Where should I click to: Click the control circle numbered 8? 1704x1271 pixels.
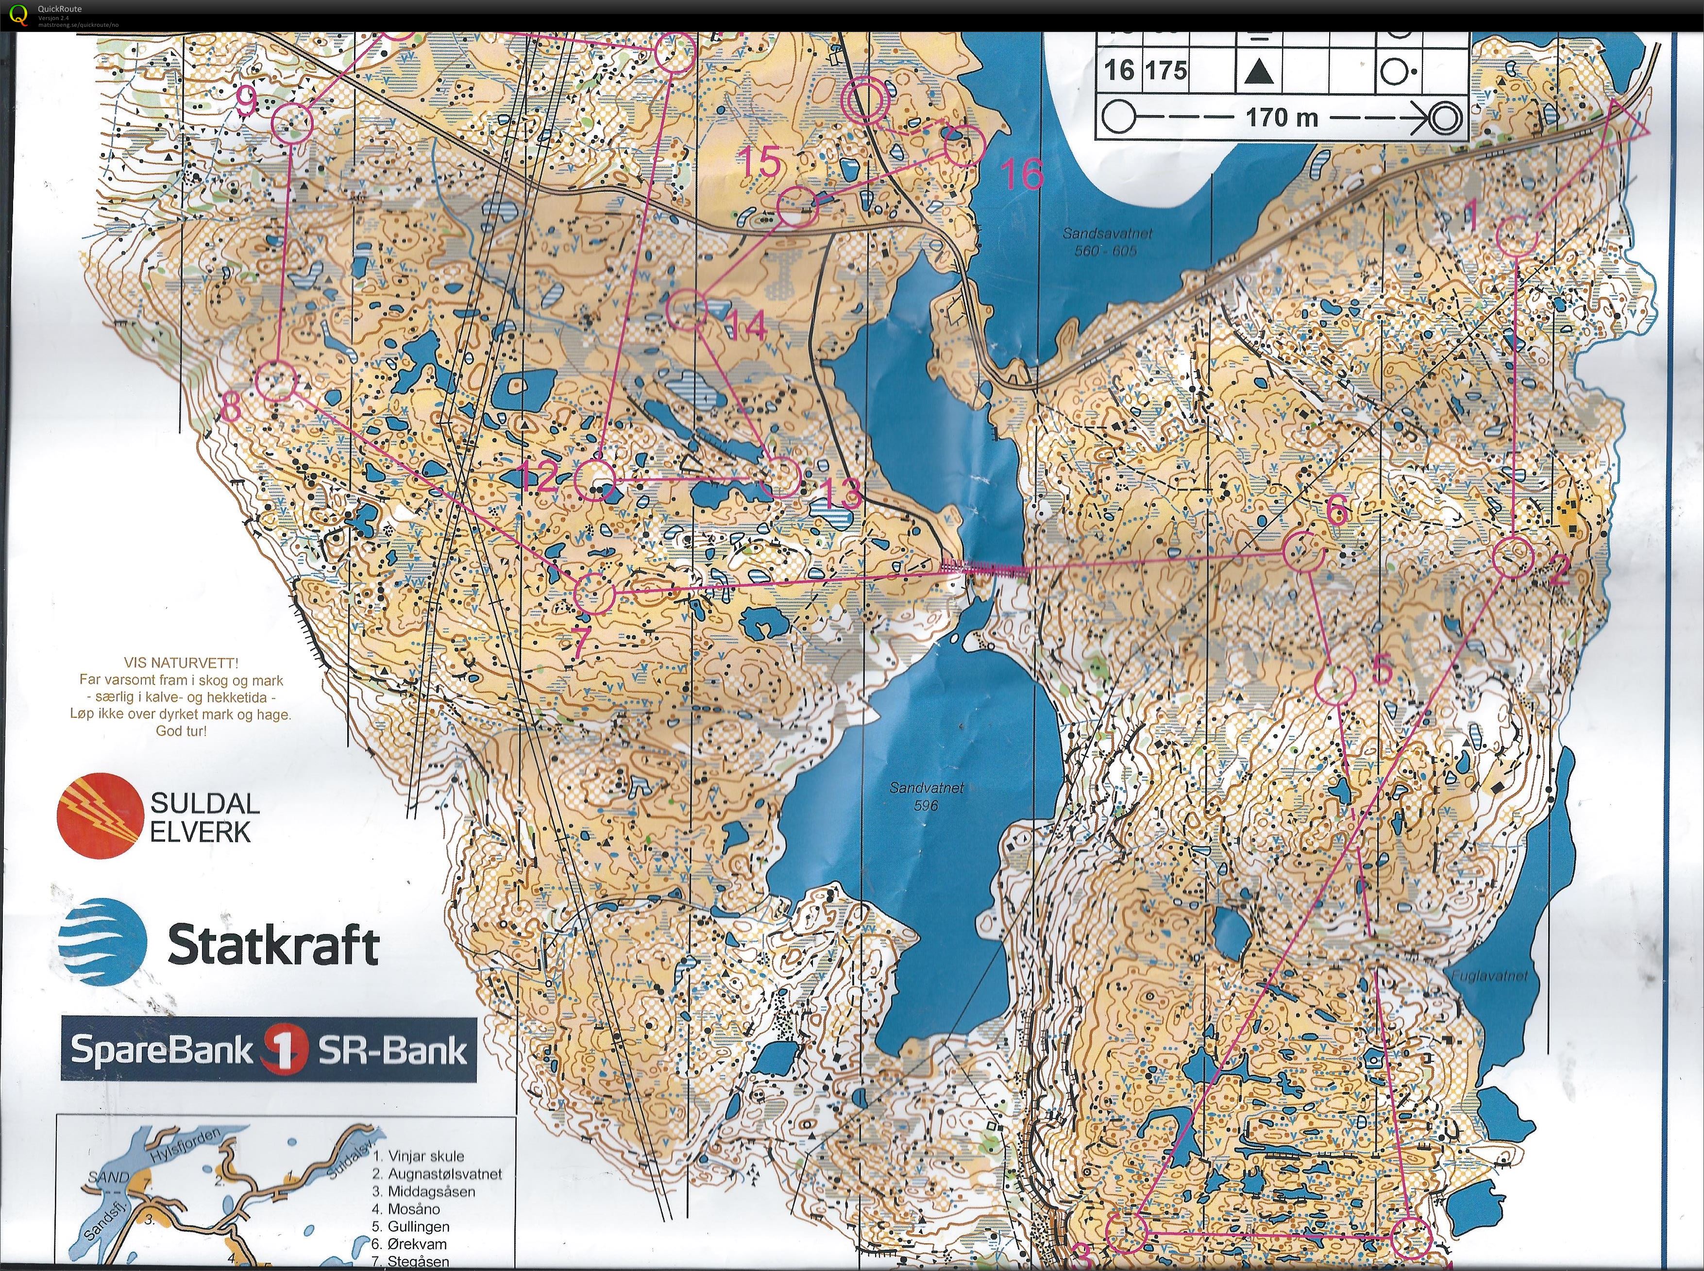(x=276, y=382)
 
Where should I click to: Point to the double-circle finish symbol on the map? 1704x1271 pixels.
(x=865, y=101)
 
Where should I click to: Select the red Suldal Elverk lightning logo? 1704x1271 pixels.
(x=100, y=815)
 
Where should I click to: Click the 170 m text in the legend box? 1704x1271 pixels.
(x=1282, y=117)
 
